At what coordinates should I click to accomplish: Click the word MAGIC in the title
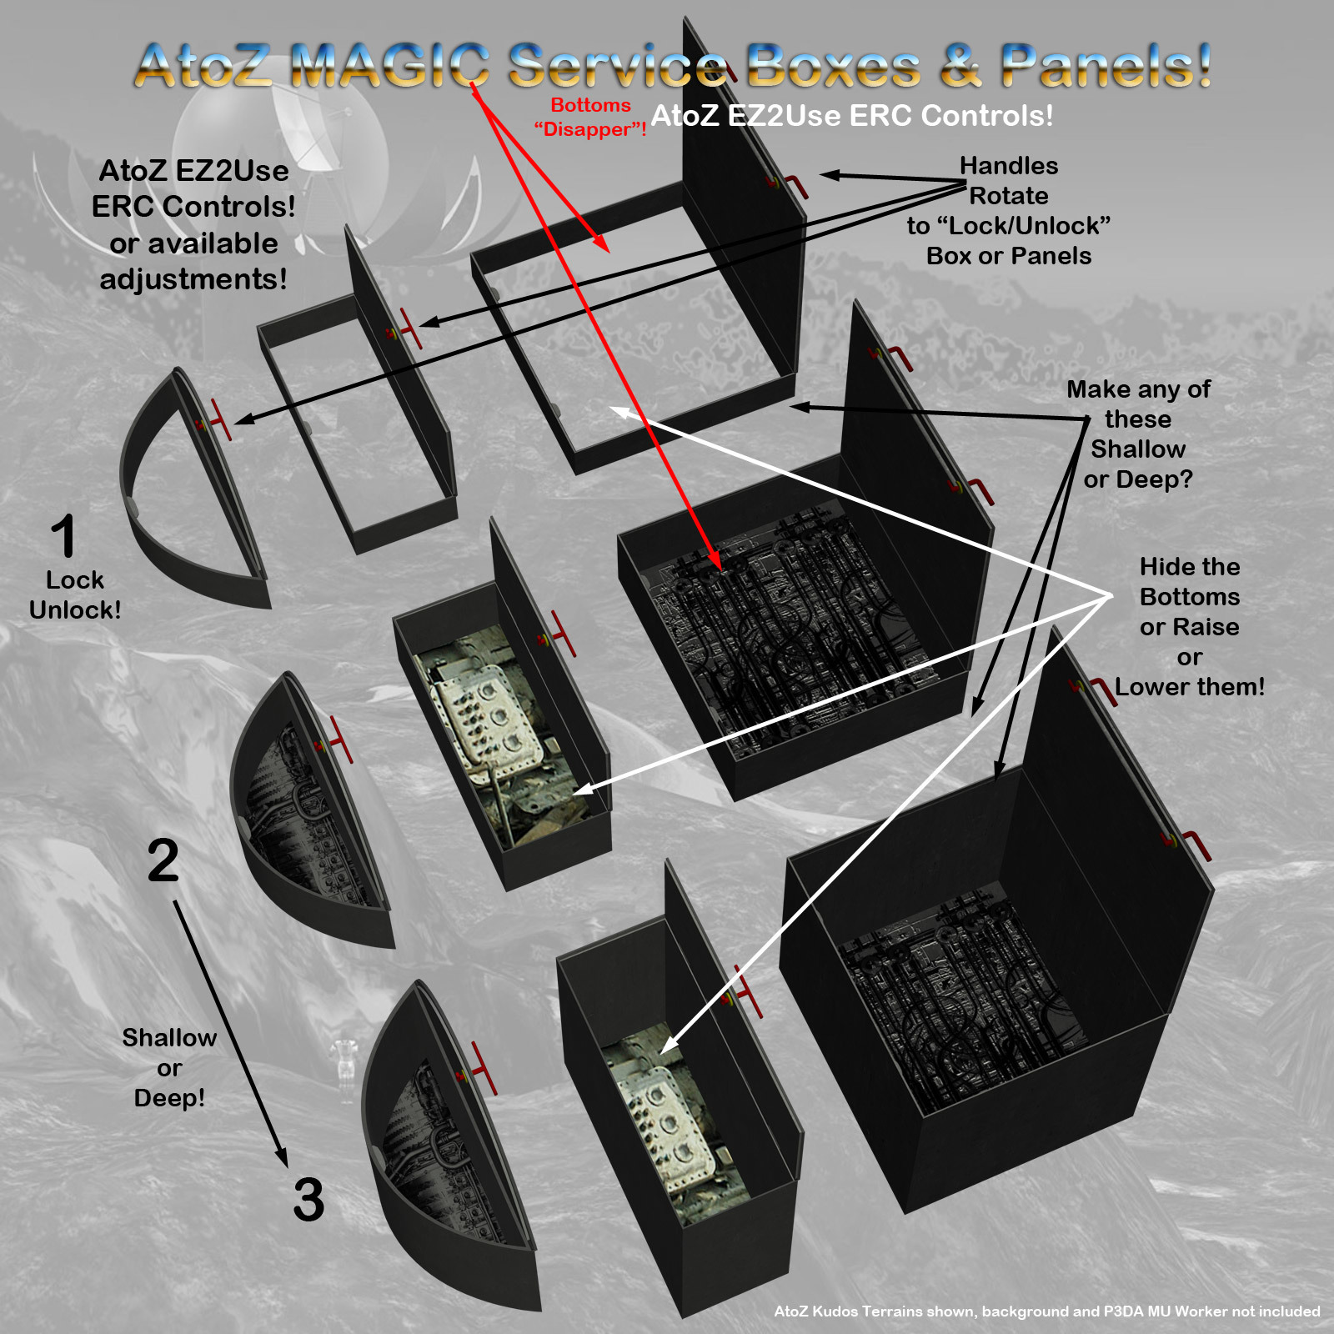point(390,65)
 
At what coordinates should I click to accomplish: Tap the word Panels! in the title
point(1106,65)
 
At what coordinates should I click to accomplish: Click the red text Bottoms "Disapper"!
point(590,118)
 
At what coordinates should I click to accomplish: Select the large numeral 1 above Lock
point(64,535)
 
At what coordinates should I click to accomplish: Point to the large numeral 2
point(163,860)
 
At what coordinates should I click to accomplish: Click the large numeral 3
point(308,1200)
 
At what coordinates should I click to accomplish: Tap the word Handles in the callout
point(1009,166)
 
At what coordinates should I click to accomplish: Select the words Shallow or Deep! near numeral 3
point(169,1068)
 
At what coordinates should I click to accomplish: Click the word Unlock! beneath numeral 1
point(75,609)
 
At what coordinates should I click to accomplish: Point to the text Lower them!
point(1190,687)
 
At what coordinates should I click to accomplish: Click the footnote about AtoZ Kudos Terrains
point(1047,1311)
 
